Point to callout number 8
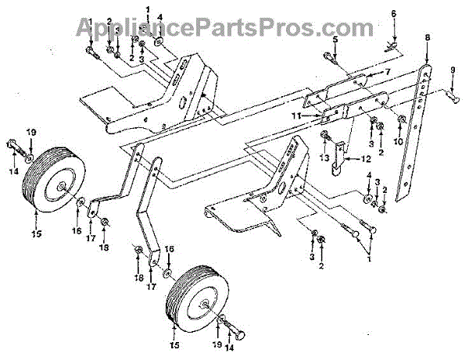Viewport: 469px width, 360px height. coord(428,37)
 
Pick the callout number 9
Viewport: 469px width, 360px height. coord(453,71)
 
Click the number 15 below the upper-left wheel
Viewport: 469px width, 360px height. coord(35,233)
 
